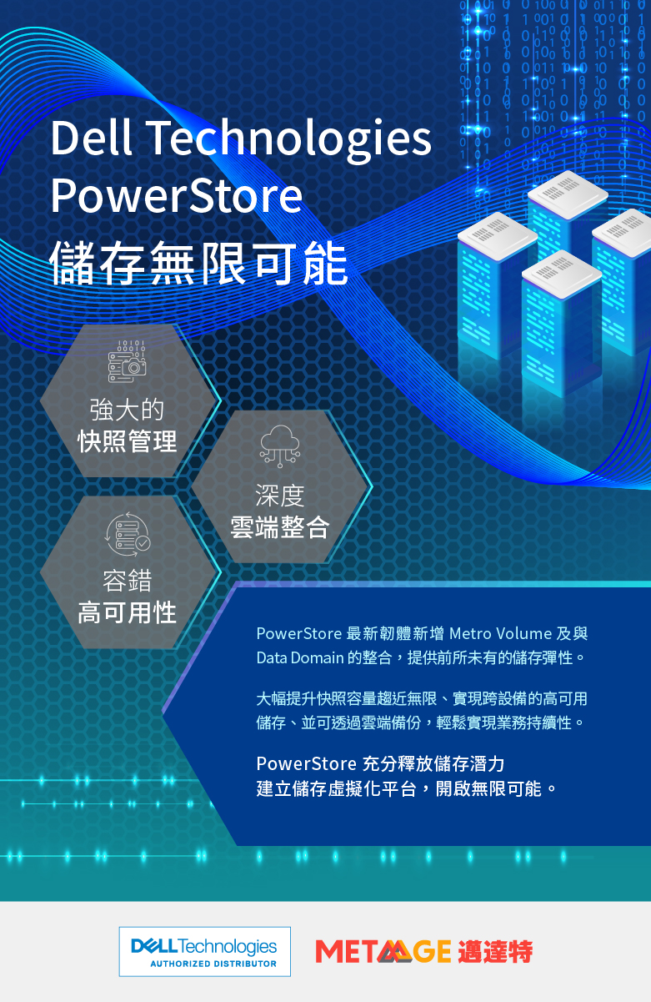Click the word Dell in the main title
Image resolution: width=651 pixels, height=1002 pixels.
(x=92, y=137)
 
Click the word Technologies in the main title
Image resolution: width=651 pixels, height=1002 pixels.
(x=288, y=141)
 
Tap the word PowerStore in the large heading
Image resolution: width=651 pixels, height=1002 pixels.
(x=177, y=195)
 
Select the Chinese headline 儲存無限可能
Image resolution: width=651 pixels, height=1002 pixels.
(x=198, y=263)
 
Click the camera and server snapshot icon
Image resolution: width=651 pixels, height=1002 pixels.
(x=127, y=361)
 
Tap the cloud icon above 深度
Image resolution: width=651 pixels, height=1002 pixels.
(x=280, y=446)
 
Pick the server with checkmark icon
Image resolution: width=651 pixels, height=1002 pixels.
(x=128, y=535)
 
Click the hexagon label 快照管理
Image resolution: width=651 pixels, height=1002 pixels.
(x=128, y=441)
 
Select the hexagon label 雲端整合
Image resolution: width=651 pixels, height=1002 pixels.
(x=280, y=527)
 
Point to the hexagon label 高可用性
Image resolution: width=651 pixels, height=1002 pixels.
(x=128, y=613)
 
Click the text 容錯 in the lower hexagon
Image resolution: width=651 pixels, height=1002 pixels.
(x=128, y=581)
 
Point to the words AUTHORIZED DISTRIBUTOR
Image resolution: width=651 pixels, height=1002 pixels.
(x=213, y=964)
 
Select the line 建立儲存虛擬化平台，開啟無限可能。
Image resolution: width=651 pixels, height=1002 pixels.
(x=407, y=788)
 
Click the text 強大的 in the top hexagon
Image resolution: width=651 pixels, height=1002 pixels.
(x=128, y=410)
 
